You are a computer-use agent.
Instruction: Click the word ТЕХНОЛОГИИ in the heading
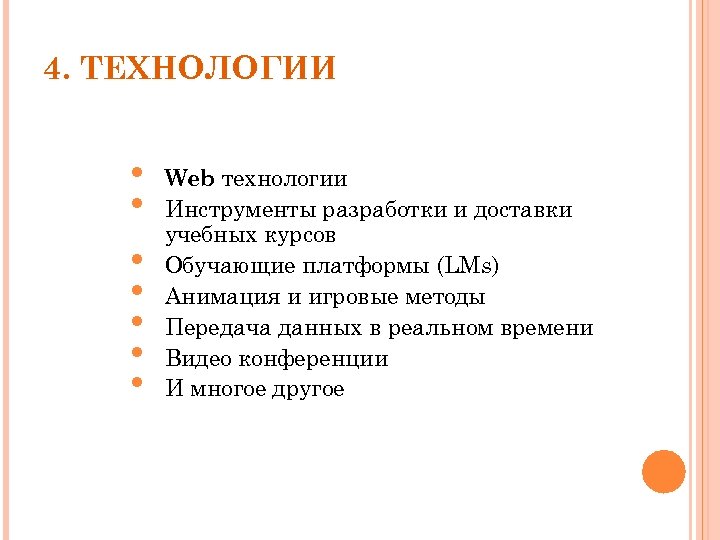pos(207,70)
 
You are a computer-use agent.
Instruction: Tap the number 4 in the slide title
pos(54,70)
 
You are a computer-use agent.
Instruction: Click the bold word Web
pos(190,179)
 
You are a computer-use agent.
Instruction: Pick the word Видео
pos(196,359)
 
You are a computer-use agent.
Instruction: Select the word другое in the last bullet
pos(307,390)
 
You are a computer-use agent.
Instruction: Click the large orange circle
pos(663,471)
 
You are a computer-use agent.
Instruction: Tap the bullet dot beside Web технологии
pos(136,175)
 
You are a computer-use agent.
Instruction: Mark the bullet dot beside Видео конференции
pos(136,352)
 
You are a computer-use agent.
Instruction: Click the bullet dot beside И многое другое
pos(136,383)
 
